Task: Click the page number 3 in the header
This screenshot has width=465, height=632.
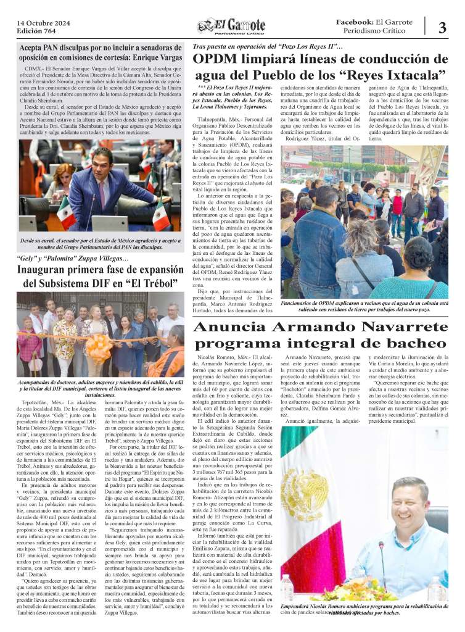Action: tap(443, 27)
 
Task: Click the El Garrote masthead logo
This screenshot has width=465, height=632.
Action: tap(231, 27)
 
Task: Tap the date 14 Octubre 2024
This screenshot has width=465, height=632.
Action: tap(43, 22)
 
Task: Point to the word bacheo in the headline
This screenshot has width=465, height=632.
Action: tap(413, 344)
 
